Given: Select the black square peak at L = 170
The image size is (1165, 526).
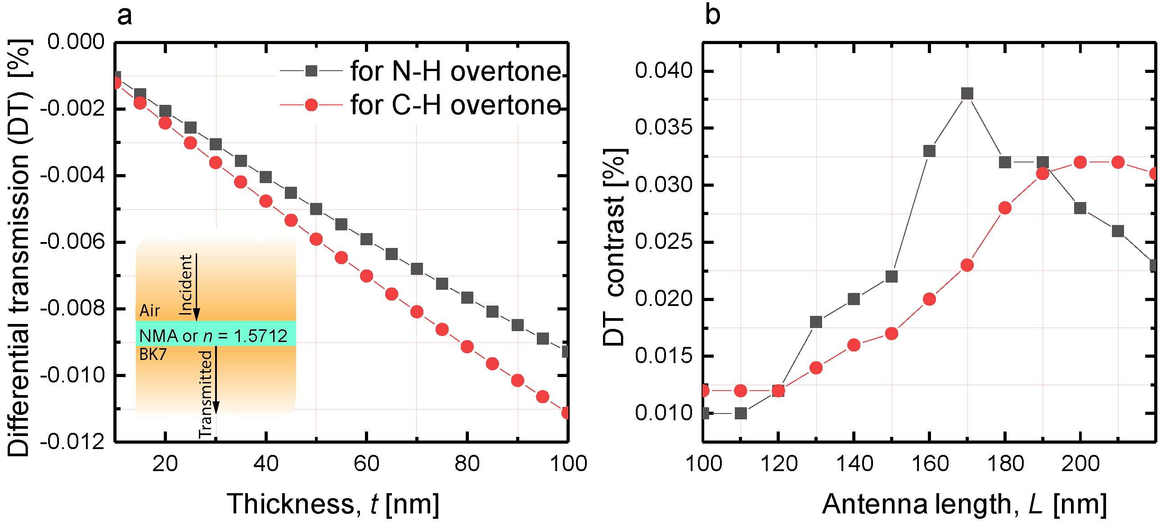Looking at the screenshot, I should [x=967, y=94].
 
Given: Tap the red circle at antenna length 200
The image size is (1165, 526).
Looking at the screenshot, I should [x=1080, y=162].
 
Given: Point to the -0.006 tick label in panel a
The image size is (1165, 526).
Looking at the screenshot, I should [x=72, y=242].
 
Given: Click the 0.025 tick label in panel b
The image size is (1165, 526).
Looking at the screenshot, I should [x=663, y=242].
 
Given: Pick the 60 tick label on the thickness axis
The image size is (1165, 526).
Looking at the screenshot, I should [x=366, y=463].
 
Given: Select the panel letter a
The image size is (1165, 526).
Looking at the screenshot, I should [x=124, y=16].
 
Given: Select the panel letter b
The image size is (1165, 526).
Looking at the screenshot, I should [x=712, y=16].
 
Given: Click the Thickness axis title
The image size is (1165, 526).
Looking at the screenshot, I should [x=333, y=504].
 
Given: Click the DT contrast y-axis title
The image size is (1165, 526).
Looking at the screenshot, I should [x=614, y=247].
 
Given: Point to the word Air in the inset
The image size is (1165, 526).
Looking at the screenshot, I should [x=149, y=311].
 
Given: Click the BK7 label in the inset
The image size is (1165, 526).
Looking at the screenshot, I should [x=153, y=354].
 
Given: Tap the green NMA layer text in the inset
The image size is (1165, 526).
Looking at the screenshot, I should [x=213, y=336].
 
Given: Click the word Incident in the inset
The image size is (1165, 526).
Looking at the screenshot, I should [x=186, y=285].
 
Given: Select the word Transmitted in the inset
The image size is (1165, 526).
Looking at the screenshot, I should [x=206, y=393].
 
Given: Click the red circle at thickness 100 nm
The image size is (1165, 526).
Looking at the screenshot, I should [x=566, y=413].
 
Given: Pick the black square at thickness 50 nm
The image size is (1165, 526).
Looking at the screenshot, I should [x=316, y=209].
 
